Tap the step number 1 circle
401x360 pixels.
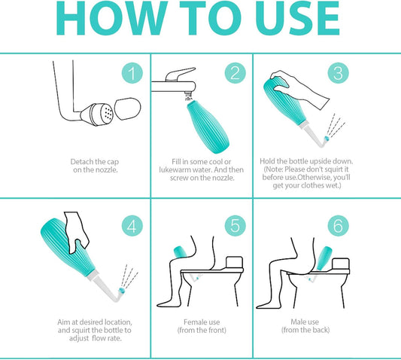(132, 73)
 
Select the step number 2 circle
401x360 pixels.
(235, 73)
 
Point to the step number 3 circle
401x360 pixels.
(339, 73)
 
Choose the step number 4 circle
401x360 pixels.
(132, 226)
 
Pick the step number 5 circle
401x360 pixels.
(235, 226)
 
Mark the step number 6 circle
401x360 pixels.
(339, 226)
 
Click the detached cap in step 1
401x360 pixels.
(128, 108)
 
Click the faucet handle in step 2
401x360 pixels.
(180, 75)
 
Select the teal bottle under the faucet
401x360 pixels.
(208, 127)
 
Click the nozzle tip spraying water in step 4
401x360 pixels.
(121, 291)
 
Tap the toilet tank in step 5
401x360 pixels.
(234, 262)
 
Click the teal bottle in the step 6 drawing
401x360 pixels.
(324, 258)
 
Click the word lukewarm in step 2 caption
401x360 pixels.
(175, 169)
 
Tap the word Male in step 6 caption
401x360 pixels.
(297, 322)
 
